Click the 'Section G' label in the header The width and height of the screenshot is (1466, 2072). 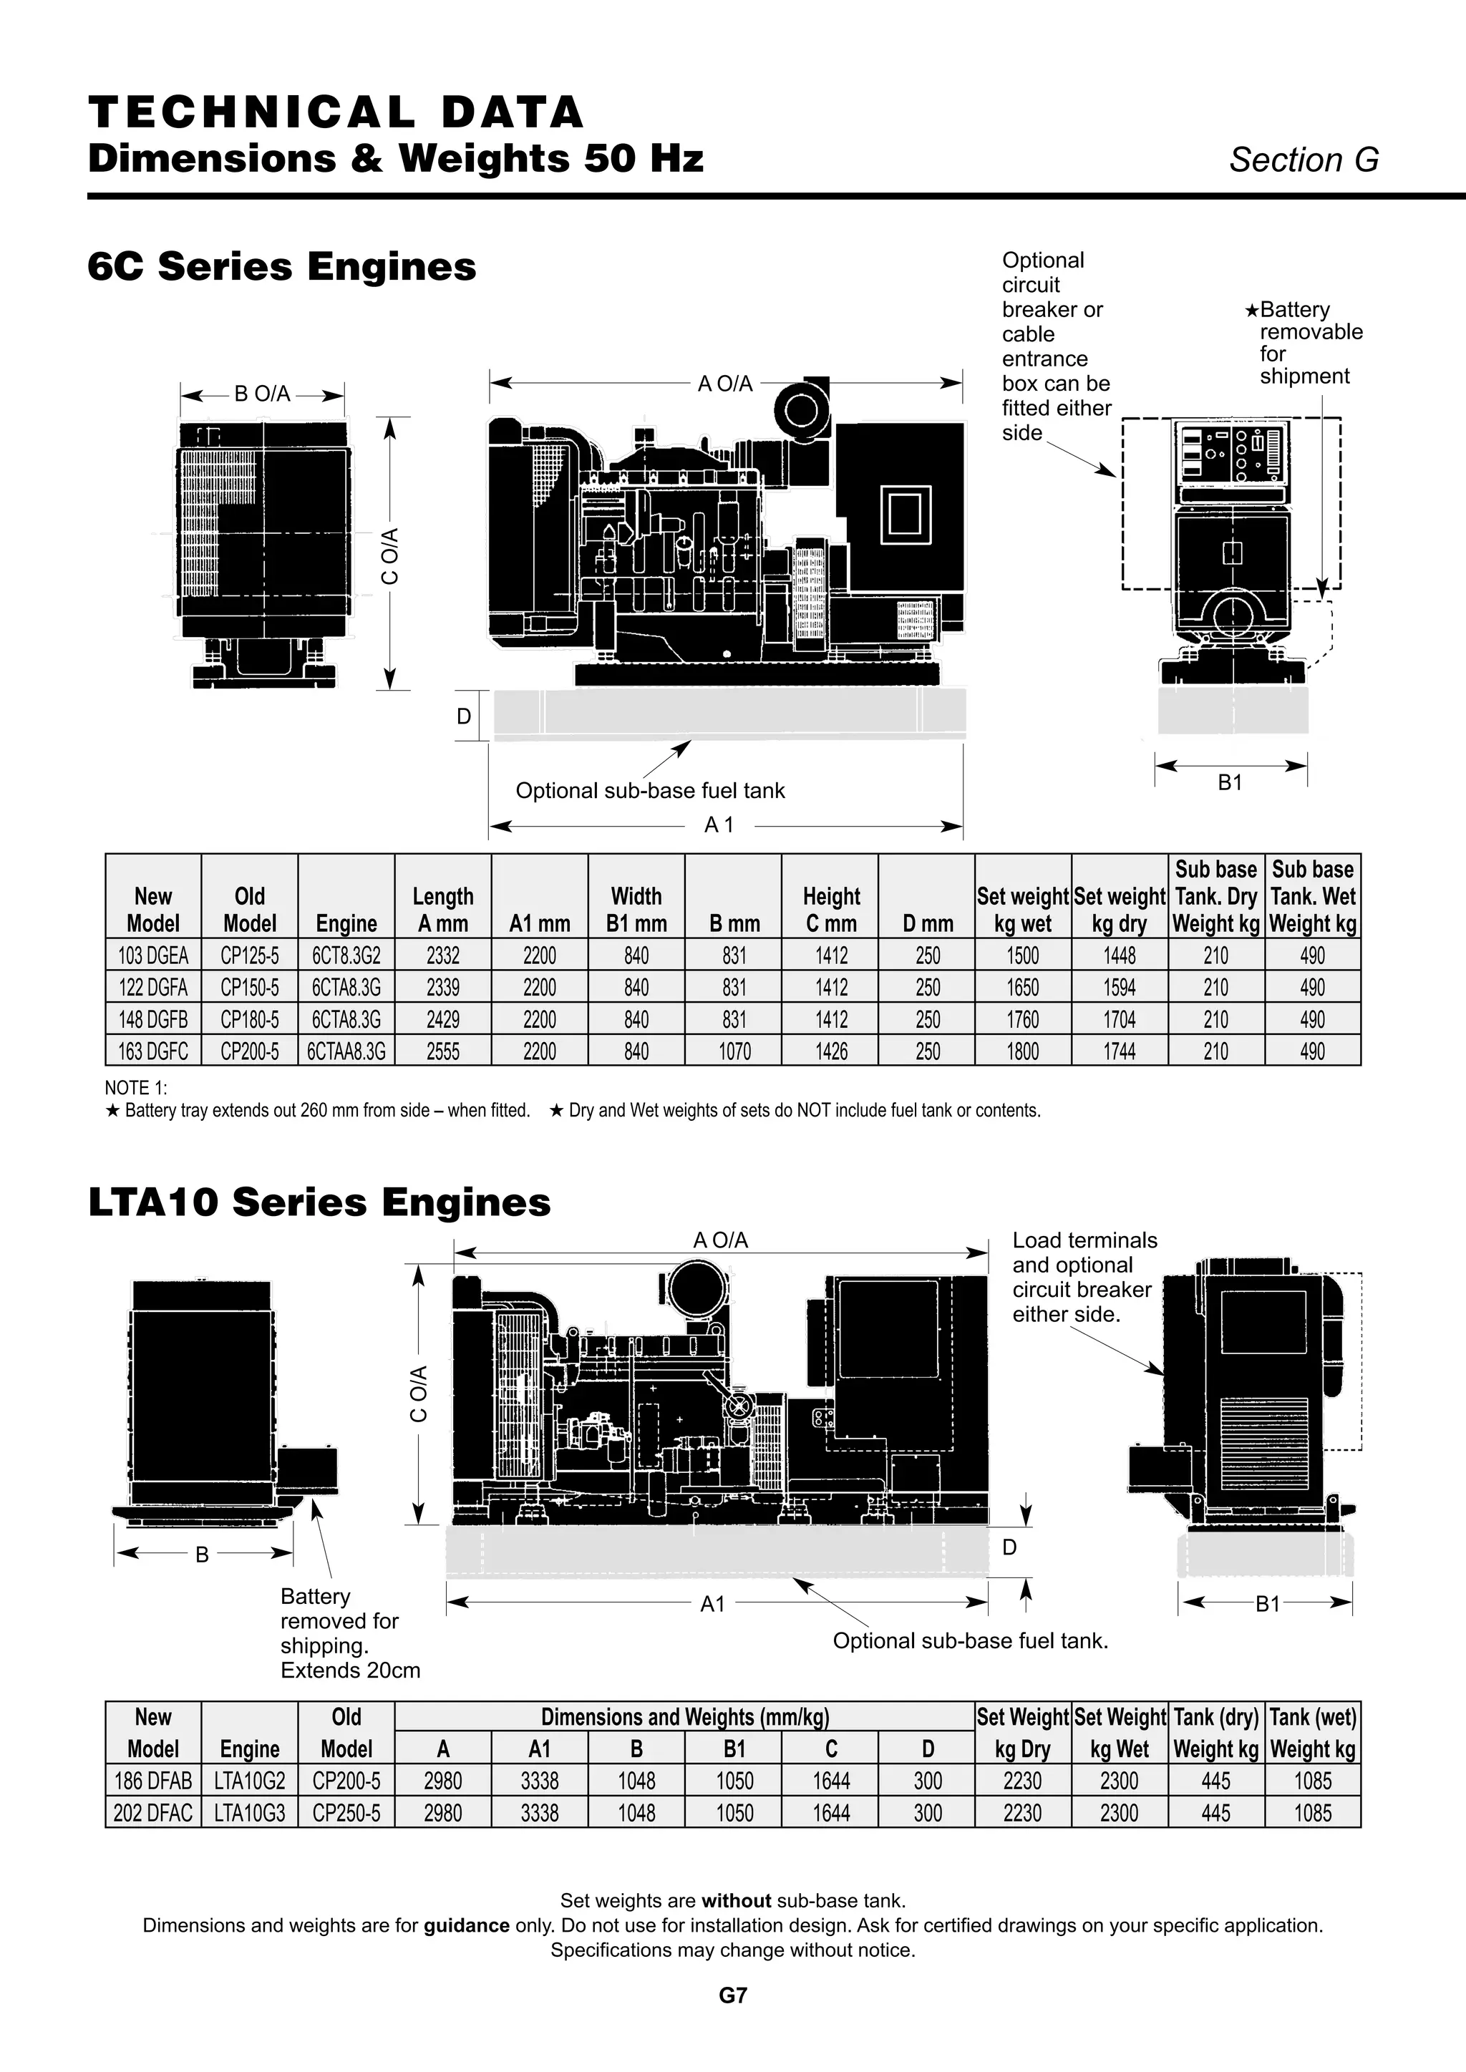tap(1304, 160)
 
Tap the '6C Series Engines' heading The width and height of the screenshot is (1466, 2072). tap(281, 266)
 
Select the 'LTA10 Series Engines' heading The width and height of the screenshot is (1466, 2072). tap(319, 1202)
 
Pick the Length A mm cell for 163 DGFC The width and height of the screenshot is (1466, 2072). tap(442, 1051)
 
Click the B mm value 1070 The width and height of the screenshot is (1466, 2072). tap(734, 1051)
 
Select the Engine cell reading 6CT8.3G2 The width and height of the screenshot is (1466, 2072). tap(346, 955)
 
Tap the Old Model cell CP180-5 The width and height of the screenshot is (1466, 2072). tap(249, 1020)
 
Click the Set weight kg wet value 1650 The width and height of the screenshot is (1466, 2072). tap(1023, 987)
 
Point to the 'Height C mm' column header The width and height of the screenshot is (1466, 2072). tap(830, 910)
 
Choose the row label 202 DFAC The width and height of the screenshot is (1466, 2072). tap(152, 1813)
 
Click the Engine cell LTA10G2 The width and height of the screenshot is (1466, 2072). tap(249, 1781)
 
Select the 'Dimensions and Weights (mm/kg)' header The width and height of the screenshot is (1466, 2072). tap(684, 1716)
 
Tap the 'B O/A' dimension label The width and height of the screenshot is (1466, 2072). tap(262, 394)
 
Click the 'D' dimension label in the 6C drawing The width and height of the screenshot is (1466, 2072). tap(464, 716)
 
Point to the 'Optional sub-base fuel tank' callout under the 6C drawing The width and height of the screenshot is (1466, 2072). tap(650, 791)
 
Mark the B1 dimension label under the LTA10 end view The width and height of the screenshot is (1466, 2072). tap(1268, 1604)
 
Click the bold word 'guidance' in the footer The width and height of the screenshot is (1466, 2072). tap(466, 1925)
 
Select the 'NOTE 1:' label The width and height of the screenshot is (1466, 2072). tap(136, 1089)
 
